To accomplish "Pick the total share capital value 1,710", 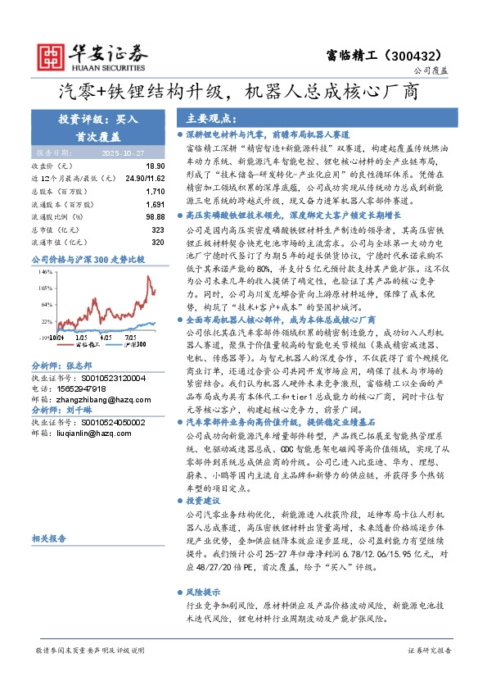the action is (x=154, y=190).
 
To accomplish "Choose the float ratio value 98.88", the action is (x=155, y=216).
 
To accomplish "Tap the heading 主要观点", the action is (x=207, y=118).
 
